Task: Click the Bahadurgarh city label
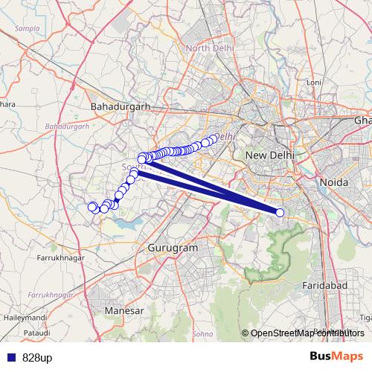click(x=120, y=107)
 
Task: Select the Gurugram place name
click(x=173, y=247)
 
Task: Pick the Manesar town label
click(x=124, y=309)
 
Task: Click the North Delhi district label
click(x=210, y=48)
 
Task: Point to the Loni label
click(x=314, y=82)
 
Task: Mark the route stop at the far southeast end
click(x=280, y=213)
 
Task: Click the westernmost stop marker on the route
click(x=92, y=206)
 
